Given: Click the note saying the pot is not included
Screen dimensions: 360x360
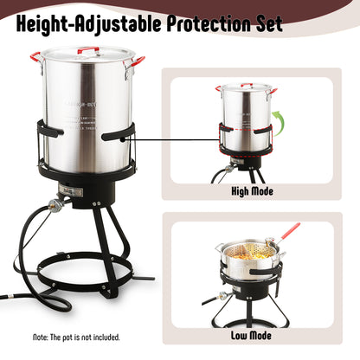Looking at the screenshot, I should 77,337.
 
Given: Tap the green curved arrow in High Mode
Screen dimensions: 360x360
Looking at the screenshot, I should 277,119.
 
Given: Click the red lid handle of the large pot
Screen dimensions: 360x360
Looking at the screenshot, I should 87,50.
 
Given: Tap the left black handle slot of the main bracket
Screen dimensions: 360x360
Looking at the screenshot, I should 49,131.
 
